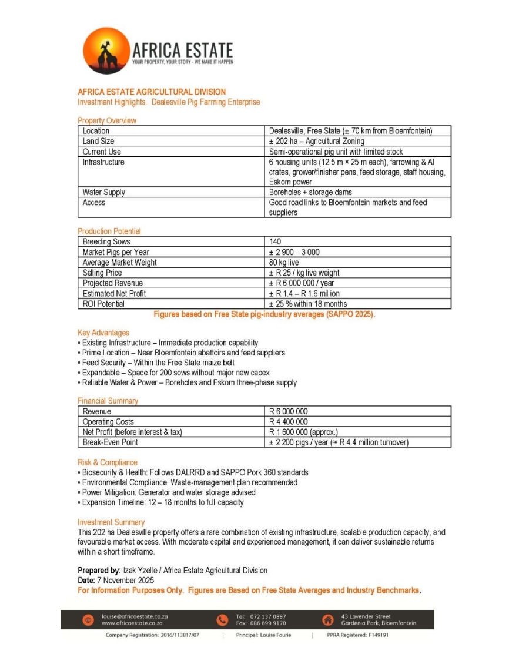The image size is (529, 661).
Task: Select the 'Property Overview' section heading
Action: point(107,120)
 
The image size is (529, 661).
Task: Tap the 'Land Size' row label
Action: point(99,142)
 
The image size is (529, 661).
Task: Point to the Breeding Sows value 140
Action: point(275,242)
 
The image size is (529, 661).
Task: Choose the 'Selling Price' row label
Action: point(102,273)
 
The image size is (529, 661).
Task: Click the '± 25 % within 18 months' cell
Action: point(308,304)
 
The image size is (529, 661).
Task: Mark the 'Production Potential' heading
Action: point(109,231)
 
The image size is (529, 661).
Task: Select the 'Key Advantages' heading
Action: point(103,333)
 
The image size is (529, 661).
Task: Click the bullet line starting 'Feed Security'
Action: point(158,363)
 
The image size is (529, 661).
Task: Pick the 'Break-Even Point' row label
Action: point(111,442)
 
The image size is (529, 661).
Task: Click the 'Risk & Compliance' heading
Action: point(108,462)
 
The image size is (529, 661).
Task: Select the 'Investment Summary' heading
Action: point(111,522)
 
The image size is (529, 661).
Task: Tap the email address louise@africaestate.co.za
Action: point(135,616)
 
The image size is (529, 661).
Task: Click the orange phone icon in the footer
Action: point(222,620)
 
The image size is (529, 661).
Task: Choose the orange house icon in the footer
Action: point(327,620)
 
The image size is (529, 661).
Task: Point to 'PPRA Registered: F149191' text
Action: point(357,635)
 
